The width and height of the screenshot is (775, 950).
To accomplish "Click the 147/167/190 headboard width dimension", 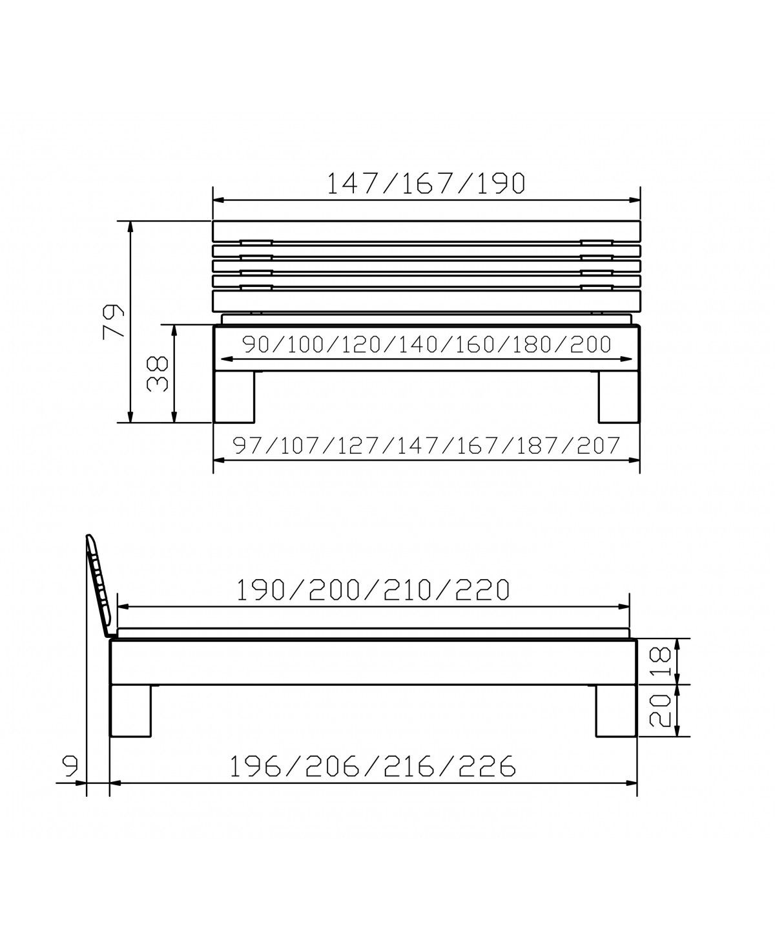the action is click(x=426, y=184).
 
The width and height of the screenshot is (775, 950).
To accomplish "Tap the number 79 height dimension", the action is click(x=113, y=321).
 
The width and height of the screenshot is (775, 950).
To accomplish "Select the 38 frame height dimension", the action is click(x=157, y=374).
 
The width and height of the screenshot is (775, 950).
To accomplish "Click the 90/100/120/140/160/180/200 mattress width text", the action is click(x=427, y=344).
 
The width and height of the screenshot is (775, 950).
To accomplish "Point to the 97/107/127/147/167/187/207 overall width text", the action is click(x=426, y=446).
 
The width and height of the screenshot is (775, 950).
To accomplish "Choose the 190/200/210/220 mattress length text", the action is click(x=373, y=590).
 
